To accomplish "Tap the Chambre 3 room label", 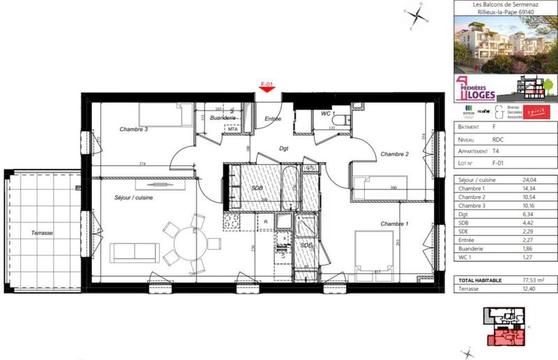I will (133, 129).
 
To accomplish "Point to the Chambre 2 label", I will (393, 153).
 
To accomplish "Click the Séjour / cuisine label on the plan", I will (134, 198).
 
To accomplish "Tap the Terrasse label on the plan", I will (43, 233).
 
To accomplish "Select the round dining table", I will (188, 243).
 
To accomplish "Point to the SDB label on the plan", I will (256, 188).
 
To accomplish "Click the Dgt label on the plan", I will (284, 149).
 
